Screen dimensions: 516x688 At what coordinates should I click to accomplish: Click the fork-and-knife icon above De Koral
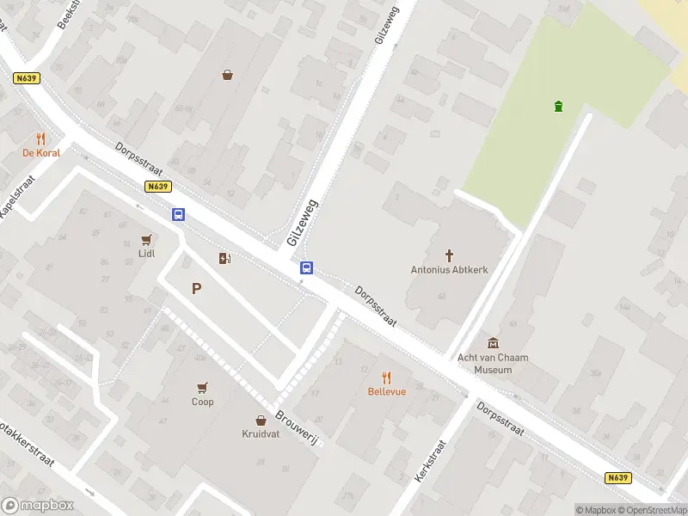point(40,138)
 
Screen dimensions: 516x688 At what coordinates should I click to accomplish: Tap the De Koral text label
point(41,153)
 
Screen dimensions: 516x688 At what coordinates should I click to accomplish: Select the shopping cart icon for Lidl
point(147,240)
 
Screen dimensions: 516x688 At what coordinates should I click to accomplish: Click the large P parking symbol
point(197,289)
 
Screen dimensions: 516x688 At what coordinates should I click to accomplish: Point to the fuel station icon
point(224,258)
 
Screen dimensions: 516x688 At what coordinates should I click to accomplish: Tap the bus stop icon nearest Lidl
point(178,215)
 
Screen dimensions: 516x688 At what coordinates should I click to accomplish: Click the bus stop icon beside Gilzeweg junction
point(305,268)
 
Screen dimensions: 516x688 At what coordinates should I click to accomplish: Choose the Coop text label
point(202,402)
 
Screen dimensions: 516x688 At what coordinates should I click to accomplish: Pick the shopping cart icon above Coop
point(202,387)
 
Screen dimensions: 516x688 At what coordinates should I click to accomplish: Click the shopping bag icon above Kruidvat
point(261,420)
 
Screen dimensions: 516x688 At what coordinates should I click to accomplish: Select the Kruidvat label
point(260,434)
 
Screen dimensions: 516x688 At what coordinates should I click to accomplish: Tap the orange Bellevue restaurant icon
point(386,377)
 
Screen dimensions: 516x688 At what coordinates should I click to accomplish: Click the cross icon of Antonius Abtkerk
point(449,255)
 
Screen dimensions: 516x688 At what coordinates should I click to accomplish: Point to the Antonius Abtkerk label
point(449,269)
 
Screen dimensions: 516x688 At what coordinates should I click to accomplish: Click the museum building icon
point(493,343)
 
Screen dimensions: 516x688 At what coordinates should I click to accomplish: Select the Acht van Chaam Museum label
point(493,364)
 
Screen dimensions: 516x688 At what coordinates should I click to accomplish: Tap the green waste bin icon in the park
point(559,107)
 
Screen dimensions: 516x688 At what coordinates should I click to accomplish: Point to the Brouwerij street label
point(298,428)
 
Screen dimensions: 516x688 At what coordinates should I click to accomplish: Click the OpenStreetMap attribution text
point(652,510)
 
